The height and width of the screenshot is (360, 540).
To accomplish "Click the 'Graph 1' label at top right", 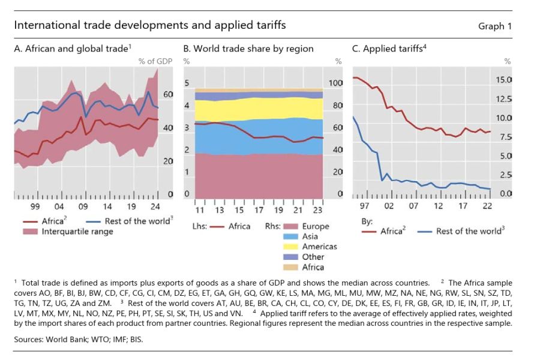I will pyautogui.click(x=495, y=26).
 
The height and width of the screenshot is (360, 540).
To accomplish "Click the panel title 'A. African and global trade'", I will pyautogui.click(x=71, y=49).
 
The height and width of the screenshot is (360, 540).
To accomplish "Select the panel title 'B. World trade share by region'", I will pyautogui.click(x=248, y=49).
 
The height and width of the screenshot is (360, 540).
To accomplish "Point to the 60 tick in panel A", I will pyautogui.click(x=168, y=95).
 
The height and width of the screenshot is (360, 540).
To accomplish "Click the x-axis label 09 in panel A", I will pyautogui.click(x=83, y=206).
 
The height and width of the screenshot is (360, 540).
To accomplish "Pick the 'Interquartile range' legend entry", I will pyautogui.click(x=77, y=232).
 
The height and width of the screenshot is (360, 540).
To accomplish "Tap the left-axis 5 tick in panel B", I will pyautogui.click(x=187, y=83).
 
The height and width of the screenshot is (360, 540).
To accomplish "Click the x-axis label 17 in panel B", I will pyautogui.click(x=259, y=211).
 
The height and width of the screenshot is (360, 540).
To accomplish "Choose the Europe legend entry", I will pyautogui.click(x=316, y=226).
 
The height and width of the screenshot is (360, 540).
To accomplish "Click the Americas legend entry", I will pyautogui.click(x=319, y=247).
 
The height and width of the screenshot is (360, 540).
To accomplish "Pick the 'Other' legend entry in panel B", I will pyautogui.click(x=313, y=257).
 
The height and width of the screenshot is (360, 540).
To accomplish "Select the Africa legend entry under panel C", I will pyautogui.click(x=392, y=231).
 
